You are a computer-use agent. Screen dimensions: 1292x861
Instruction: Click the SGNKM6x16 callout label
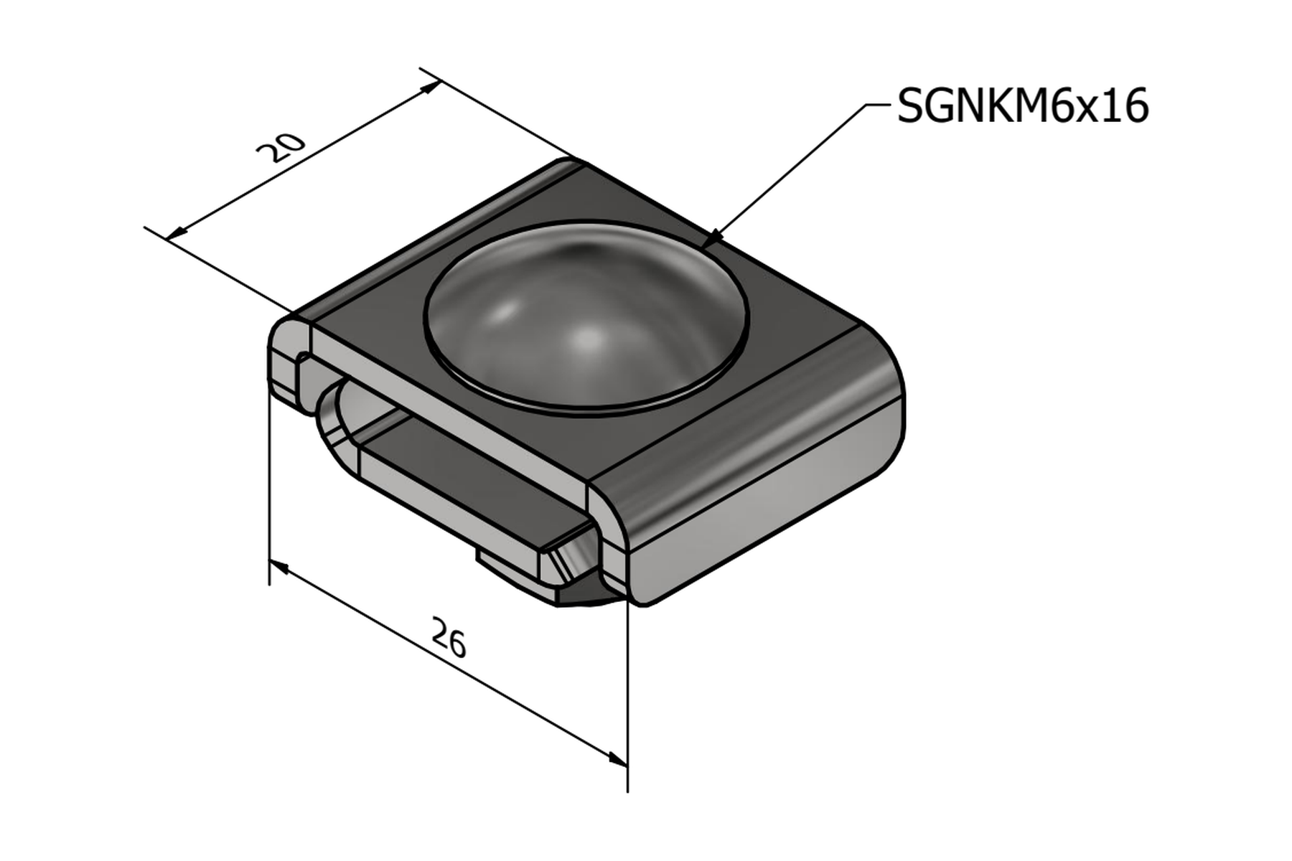pyautogui.click(x=1023, y=106)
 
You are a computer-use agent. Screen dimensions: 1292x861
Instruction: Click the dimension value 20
pyautogui.click(x=281, y=149)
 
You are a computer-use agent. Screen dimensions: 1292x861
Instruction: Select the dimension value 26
pyautogui.click(x=449, y=638)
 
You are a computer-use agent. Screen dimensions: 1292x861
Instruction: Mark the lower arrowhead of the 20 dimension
pyautogui.click(x=177, y=232)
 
